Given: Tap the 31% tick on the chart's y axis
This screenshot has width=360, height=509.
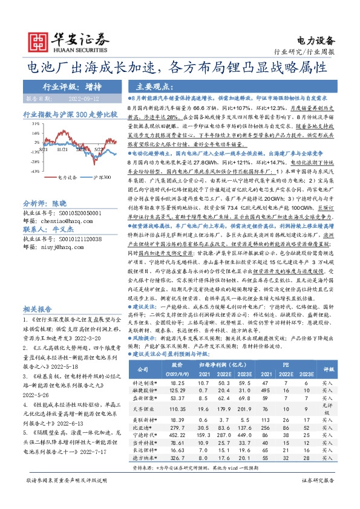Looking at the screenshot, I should pyautogui.click(x=35, y=122).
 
